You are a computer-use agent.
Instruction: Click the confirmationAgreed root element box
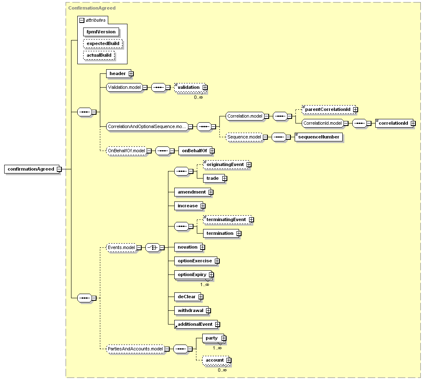pos(31,169)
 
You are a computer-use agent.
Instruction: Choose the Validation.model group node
pos(124,87)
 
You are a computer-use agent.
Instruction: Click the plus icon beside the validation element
pos(205,87)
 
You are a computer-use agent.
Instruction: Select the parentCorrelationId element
pos(327,109)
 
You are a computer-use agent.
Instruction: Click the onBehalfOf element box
pos(193,151)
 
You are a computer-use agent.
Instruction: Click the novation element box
pos(187,247)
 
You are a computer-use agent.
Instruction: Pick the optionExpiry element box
pos(192,274)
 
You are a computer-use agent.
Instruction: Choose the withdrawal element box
pos(190,310)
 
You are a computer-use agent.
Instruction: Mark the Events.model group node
pos(121,247)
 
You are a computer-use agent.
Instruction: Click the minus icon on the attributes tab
pos(82,20)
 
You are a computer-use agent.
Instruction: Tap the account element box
pos(214,360)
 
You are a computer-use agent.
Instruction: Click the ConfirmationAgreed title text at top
pos(92,8)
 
